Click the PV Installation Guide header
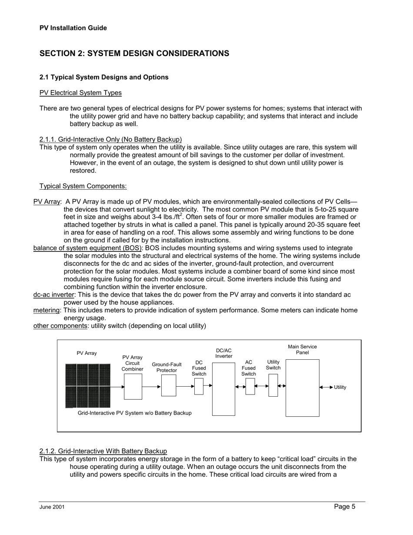[73, 28]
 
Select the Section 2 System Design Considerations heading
[134, 53]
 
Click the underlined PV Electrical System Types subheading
[80, 93]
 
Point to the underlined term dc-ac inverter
[54, 294]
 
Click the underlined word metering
[47, 310]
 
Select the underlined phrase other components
[60, 326]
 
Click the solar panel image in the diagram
[88, 386]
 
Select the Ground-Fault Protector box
[169, 385]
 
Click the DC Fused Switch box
[199, 386]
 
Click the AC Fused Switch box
[250, 386]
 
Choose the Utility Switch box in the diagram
[273, 385]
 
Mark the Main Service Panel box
[302, 388]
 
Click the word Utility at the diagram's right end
[340, 388]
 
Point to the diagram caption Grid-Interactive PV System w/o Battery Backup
[134, 413]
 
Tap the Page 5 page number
[345, 506]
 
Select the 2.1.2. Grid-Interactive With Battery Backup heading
[103, 451]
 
